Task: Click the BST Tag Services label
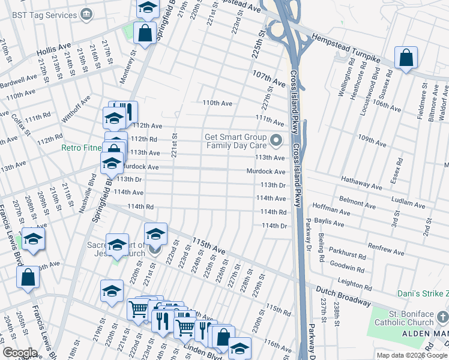(38, 13)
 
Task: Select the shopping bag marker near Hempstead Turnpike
(406, 59)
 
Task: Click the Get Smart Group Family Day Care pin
(276, 141)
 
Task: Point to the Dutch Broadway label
(343, 295)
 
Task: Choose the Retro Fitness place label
(82, 147)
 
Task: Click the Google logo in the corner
(20, 353)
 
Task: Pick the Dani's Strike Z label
(423, 294)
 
